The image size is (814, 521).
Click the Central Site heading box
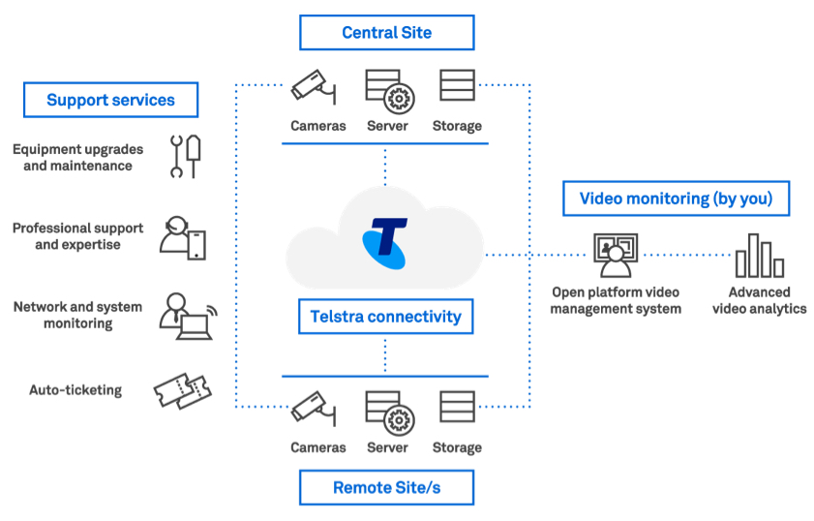click(x=386, y=33)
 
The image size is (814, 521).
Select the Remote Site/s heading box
click(x=386, y=487)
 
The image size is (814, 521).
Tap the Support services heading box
click(x=110, y=100)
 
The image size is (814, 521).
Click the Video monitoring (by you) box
click(x=676, y=199)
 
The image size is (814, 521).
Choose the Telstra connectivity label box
click(x=385, y=316)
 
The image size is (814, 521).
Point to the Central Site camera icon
click(x=314, y=88)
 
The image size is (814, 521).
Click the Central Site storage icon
click(x=457, y=86)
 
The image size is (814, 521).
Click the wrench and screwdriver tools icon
click(x=185, y=156)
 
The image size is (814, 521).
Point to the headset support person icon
click(x=182, y=237)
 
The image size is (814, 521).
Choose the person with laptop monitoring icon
click(x=186, y=316)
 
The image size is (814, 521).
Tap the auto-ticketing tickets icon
click(x=182, y=391)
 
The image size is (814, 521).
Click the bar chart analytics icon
click(x=759, y=257)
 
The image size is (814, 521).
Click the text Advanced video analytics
click(x=760, y=300)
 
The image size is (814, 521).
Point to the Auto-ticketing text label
click(x=75, y=390)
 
